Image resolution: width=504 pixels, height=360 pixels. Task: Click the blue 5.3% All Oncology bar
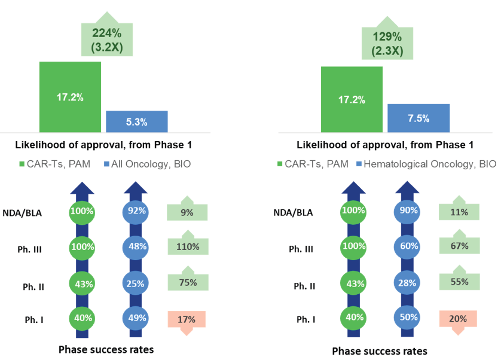[x=136, y=121]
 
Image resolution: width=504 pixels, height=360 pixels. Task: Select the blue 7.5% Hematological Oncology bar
[x=419, y=118]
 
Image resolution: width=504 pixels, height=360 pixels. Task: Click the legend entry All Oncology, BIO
[x=147, y=163]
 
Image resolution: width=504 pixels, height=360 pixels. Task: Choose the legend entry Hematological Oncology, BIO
[x=426, y=163]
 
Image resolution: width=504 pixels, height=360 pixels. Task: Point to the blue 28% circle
[x=408, y=283]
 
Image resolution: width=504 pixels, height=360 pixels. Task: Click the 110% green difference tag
[x=187, y=245]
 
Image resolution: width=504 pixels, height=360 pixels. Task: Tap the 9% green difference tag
[x=187, y=212]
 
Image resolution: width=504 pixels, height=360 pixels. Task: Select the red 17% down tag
[x=187, y=319]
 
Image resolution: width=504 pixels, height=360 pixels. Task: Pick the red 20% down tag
[x=458, y=319]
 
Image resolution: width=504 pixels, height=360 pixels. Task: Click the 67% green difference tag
[x=458, y=245]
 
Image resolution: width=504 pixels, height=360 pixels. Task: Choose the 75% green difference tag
[x=187, y=283]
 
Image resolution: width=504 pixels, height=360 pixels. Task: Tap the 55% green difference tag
[x=458, y=283]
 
